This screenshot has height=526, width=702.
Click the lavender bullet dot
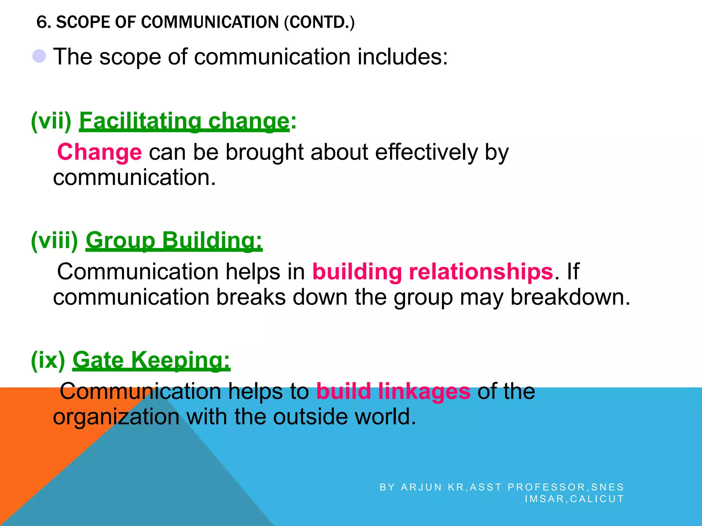coord(39,56)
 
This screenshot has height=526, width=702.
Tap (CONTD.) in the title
coord(319,22)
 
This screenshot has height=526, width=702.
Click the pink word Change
coord(99,152)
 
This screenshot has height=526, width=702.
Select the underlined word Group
coord(120,240)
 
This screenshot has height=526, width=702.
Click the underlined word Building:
coord(212,240)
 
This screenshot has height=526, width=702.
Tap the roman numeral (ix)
coord(48,360)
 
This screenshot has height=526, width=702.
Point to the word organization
coord(116,417)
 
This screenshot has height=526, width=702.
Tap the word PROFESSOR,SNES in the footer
coord(566,487)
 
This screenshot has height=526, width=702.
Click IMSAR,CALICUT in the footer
coord(574,499)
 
